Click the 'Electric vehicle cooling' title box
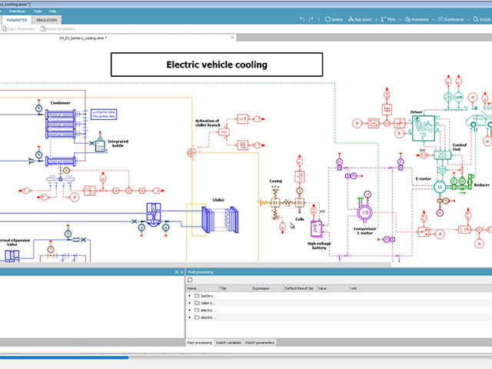(217, 65)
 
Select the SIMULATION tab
(46, 20)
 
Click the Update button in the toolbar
(334, 18)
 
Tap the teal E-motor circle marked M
(440, 187)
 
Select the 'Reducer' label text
(481, 184)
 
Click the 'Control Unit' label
(460, 147)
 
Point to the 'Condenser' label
(60, 103)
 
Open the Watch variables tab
(228, 342)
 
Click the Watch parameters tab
(260, 342)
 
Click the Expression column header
(261, 288)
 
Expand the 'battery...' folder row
(190, 295)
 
